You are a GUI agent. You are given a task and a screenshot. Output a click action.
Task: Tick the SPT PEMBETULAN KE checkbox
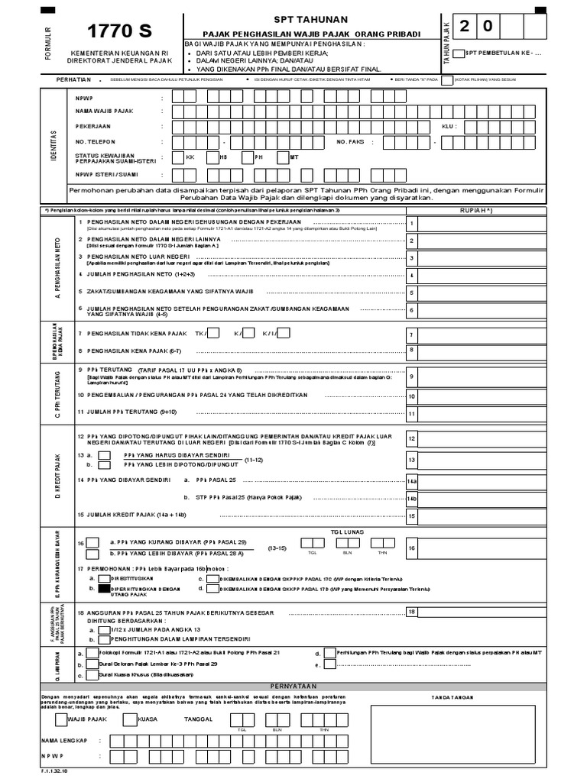coord(458,53)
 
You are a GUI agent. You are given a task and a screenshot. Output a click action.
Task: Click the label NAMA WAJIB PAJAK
coord(104,111)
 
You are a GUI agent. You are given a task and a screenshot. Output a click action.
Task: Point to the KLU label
coord(449,126)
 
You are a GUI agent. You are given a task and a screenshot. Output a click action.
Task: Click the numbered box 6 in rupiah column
coord(411,310)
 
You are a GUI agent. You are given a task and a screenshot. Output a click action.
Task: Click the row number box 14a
coord(411,481)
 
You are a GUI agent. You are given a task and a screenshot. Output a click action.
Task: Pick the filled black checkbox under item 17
coord(105,590)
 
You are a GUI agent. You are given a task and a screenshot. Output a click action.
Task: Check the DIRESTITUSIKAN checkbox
coord(105,579)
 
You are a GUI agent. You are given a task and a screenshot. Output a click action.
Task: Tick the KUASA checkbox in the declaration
coord(131,719)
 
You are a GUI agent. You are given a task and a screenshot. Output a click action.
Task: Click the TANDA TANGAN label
coord(474,696)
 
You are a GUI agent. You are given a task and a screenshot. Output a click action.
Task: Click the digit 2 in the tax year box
coord(465,27)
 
